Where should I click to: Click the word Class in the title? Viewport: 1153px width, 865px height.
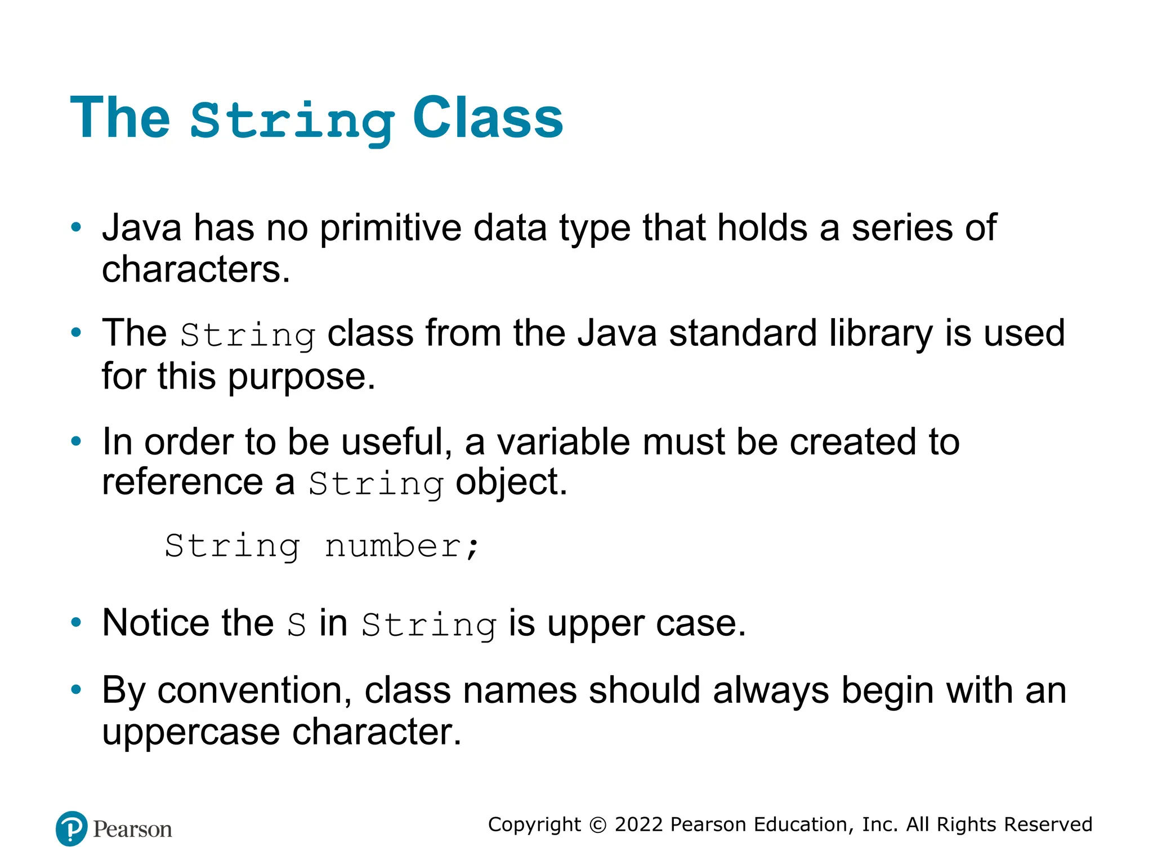(x=488, y=118)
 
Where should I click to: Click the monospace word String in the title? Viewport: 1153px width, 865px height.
(x=292, y=121)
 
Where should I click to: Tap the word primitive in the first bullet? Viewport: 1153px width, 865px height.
(x=391, y=228)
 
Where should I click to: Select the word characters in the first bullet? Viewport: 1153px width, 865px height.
(x=195, y=269)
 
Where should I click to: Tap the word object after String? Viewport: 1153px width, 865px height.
(x=511, y=483)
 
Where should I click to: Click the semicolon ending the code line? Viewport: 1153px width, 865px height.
(x=472, y=547)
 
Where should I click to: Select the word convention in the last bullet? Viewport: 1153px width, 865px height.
(x=254, y=690)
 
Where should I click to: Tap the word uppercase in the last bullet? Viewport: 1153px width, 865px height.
(x=191, y=732)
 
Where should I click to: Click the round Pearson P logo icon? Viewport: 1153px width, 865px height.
(x=71, y=828)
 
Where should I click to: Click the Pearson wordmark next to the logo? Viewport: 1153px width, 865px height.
(x=132, y=830)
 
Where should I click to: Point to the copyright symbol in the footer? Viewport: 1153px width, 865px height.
(x=597, y=825)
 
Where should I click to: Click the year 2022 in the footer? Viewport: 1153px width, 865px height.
(x=638, y=824)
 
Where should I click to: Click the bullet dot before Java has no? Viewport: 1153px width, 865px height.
(x=76, y=228)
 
